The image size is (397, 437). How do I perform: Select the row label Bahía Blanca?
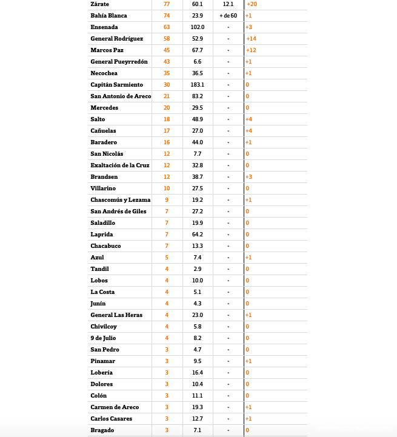coord(108,16)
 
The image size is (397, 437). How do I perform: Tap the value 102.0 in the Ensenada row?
coord(198,27)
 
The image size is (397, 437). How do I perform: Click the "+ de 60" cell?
coord(228,16)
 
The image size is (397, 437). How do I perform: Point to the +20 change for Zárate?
coord(252,4)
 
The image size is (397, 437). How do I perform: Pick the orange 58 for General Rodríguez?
coord(167,39)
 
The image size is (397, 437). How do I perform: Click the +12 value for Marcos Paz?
coord(251,50)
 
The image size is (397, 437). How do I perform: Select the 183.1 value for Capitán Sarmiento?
coord(198,85)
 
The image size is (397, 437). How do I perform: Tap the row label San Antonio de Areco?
coord(121,96)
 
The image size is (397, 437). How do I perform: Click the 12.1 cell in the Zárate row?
coord(228,4)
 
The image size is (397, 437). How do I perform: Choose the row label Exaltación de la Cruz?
coord(119,165)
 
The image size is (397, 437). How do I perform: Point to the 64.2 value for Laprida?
coord(198,235)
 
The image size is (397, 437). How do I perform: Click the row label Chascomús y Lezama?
coord(120,200)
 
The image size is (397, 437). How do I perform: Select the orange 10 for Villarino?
coord(167,188)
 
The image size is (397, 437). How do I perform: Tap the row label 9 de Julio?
coord(103,338)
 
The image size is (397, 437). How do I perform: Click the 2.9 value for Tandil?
coord(198,269)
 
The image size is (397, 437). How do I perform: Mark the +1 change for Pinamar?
coord(249,361)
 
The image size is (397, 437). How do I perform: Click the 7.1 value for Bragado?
coord(198,430)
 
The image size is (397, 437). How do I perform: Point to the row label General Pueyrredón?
coord(119,62)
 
